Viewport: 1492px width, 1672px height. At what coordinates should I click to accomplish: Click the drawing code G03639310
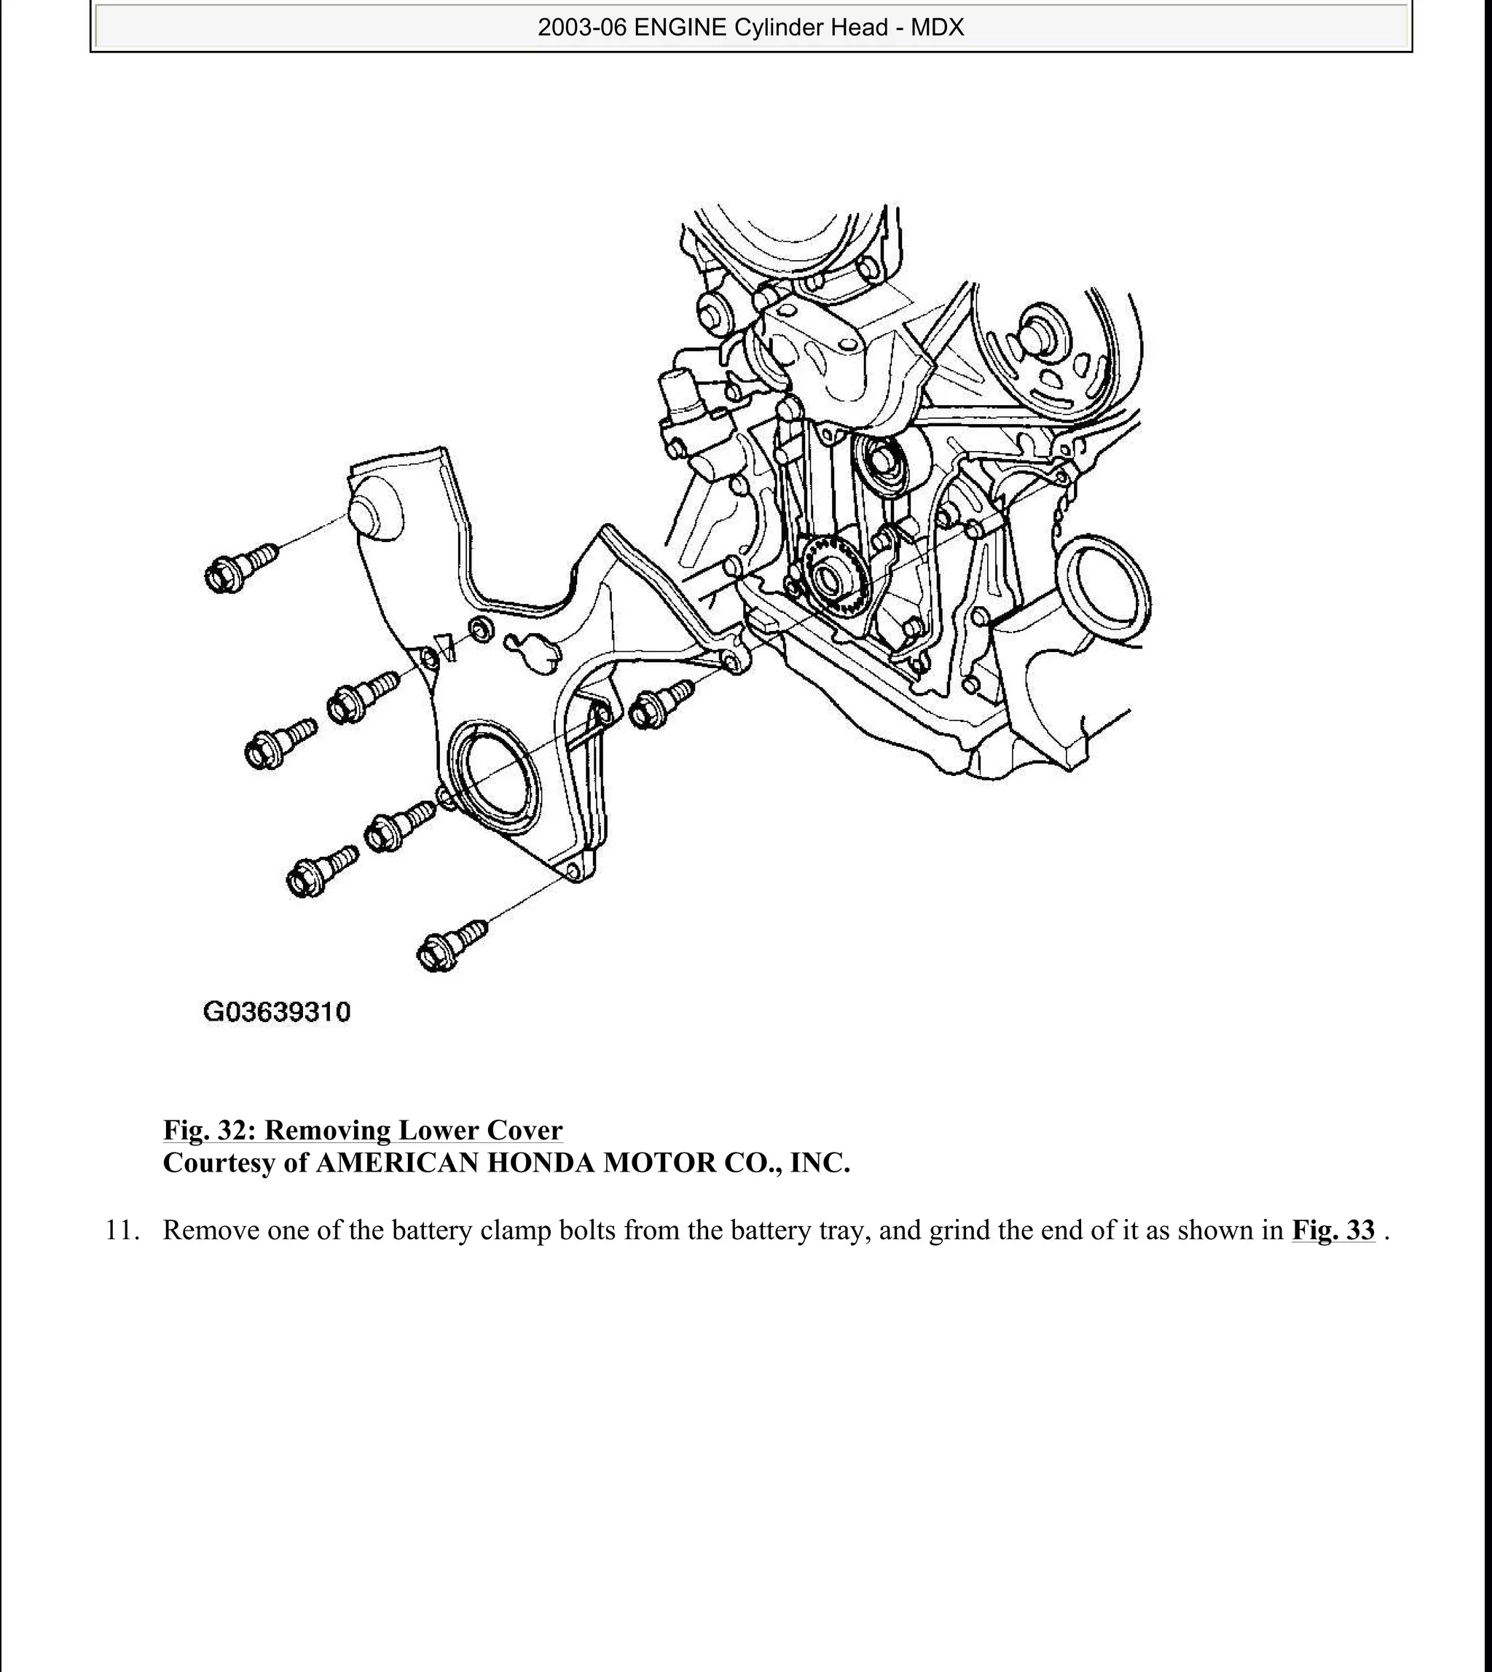[276, 1012]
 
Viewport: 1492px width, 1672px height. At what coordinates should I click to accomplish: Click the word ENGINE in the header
[680, 28]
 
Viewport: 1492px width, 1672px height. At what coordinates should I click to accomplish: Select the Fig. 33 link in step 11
[1333, 1231]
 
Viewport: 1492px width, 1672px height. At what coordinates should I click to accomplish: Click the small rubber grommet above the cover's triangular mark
[482, 629]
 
